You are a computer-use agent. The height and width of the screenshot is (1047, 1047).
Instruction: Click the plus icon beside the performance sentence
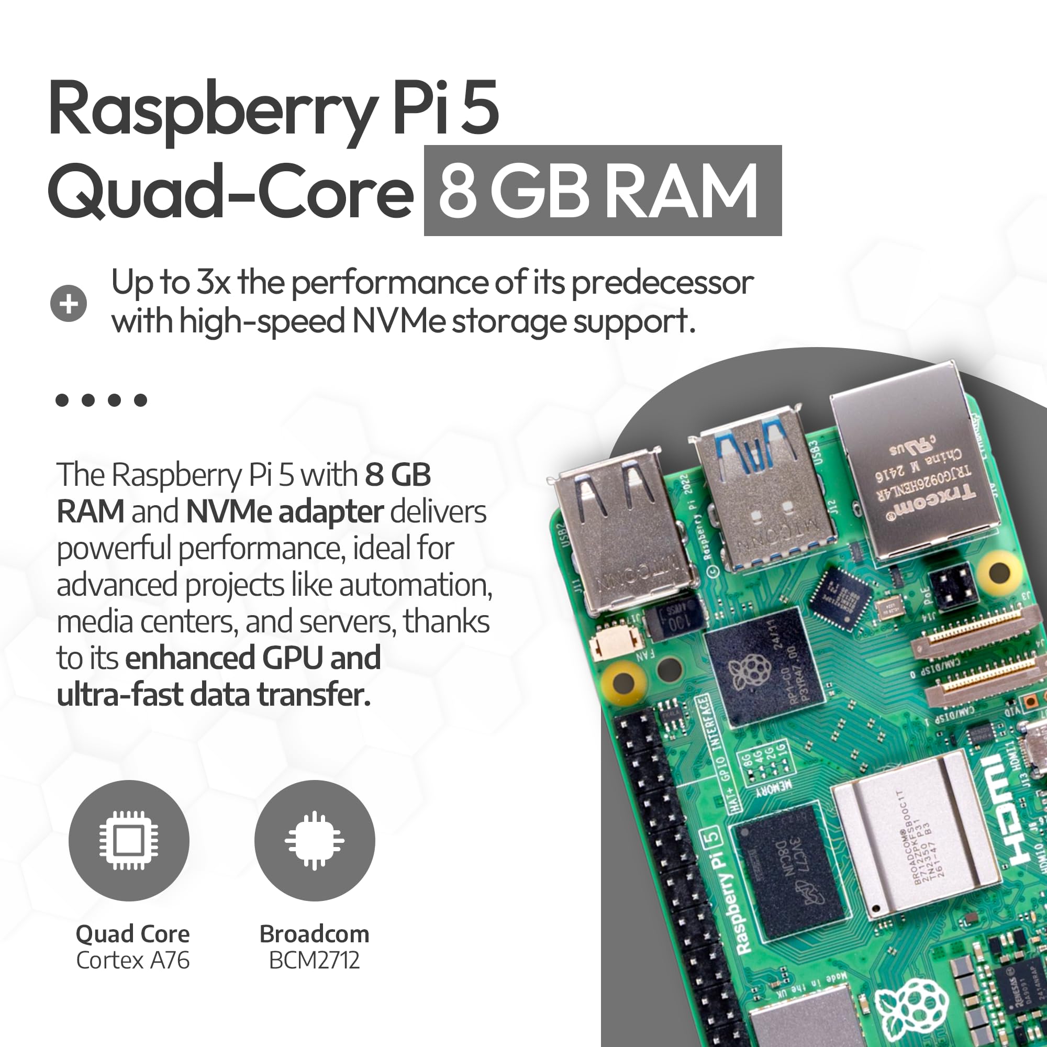point(68,304)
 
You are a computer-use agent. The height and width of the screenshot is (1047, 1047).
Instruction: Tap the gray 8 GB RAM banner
point(602,191)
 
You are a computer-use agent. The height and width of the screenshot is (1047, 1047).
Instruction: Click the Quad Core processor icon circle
point(129,841)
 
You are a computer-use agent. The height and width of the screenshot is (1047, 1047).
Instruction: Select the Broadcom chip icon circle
point(314,841)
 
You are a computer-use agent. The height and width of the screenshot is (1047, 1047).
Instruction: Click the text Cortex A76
point(133,961)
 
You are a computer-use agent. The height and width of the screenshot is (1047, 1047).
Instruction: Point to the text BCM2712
point(314,961)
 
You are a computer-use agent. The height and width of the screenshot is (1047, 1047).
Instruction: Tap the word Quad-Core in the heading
point(230,192)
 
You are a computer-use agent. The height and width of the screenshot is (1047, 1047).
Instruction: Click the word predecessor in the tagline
point(662,283)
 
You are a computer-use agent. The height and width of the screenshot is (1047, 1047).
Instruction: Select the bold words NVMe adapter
point(284,512)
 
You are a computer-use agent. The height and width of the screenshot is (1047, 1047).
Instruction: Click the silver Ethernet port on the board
point(916,466)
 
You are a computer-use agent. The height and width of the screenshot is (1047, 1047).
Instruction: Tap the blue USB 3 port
point(759,488)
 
